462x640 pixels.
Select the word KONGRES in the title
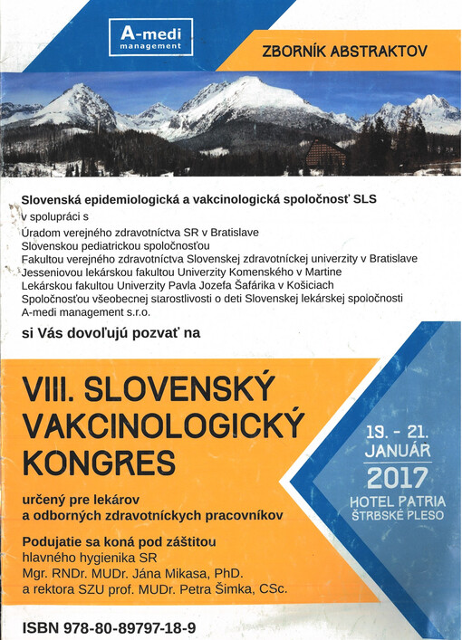click(x=100, y=463)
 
